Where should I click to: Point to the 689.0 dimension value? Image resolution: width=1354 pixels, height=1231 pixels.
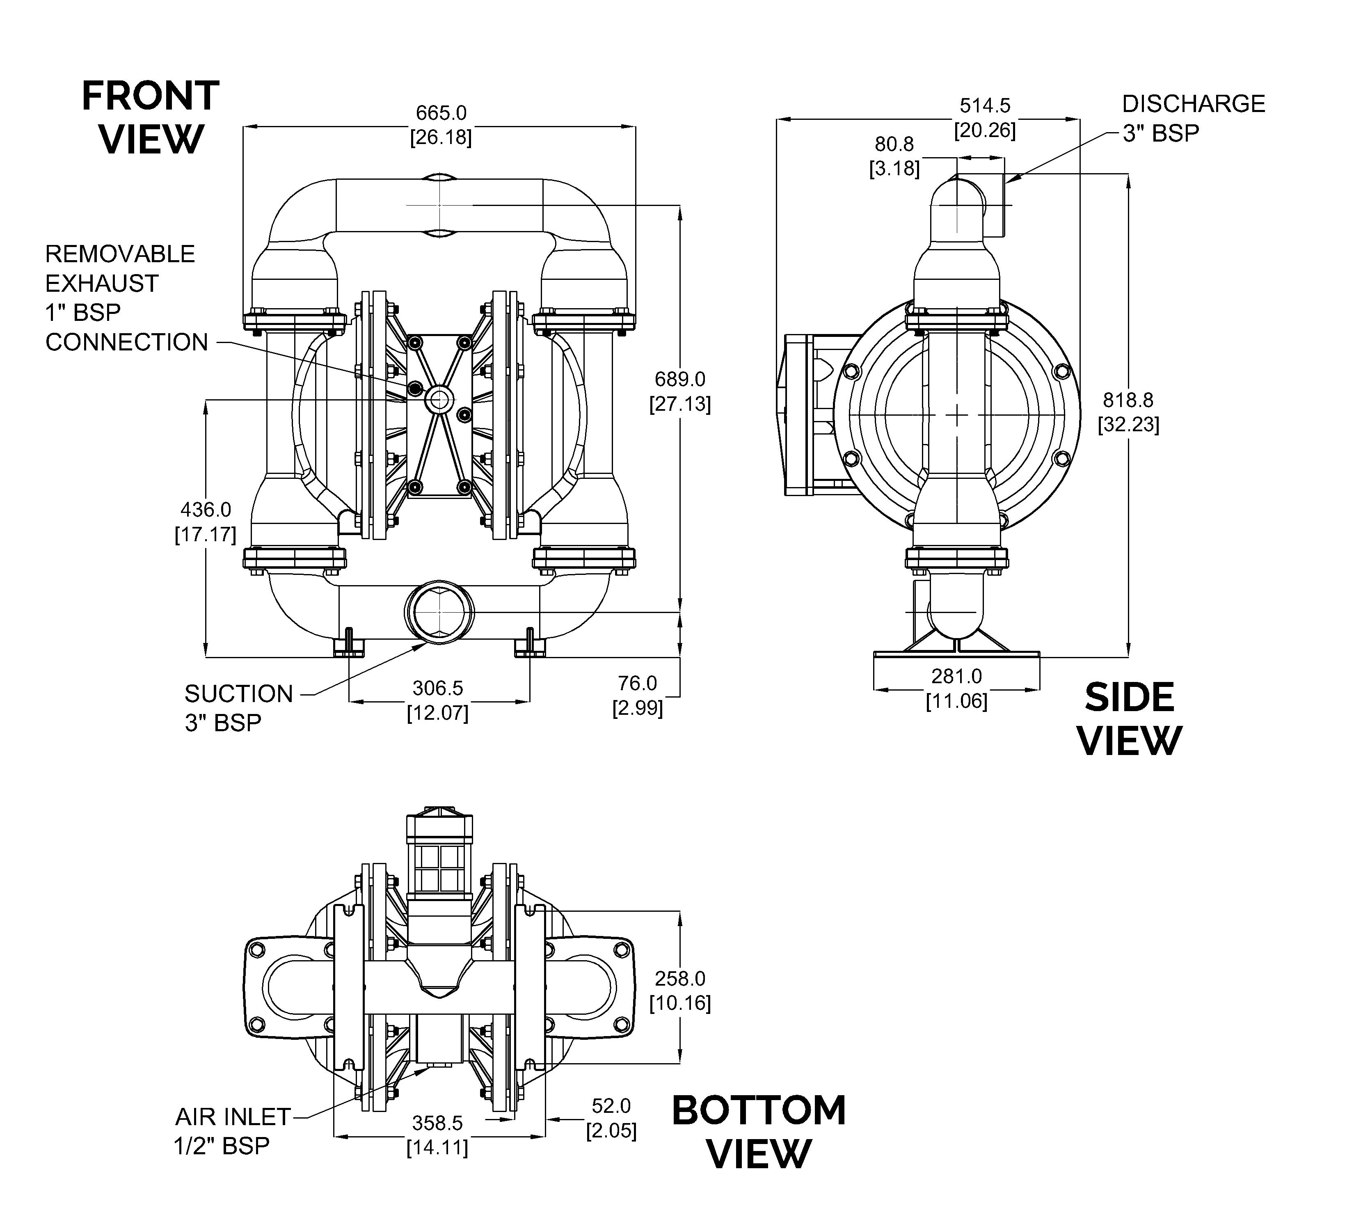coord(680,380)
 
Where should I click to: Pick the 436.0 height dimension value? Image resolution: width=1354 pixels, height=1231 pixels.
coord(206,510)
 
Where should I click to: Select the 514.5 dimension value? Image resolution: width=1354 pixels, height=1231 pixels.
coord(985,105)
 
